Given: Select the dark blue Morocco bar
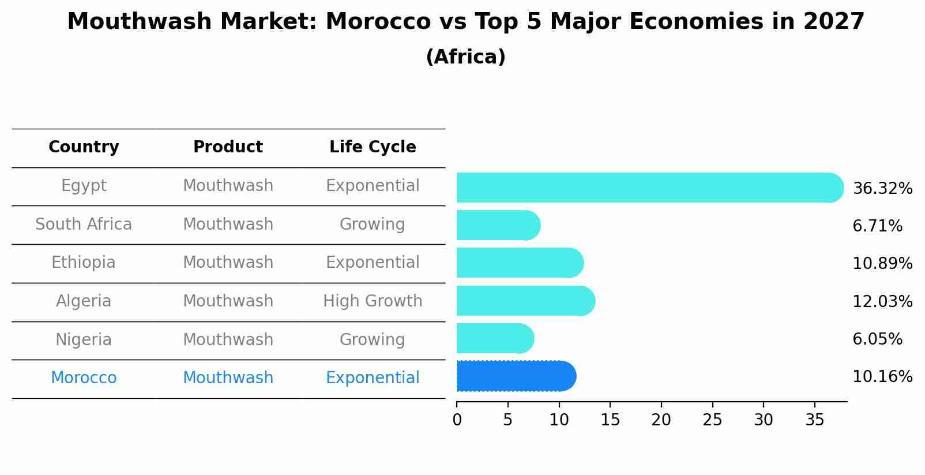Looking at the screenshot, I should coord(515,376).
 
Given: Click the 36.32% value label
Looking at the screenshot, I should coord(882,189).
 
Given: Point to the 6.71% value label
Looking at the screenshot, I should coord(877,226).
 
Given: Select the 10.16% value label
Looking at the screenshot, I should coord(882,377).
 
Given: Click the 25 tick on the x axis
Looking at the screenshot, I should coord(712,420).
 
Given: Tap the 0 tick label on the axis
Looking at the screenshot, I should coord(457,420).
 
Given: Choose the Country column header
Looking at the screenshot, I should coord(84,147).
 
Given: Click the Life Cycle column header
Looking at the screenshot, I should coord(373,147).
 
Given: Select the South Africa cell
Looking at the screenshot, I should coord(84,225).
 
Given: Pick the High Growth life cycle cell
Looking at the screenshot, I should coord(373,301).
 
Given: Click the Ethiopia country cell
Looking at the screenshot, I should coord(84,263).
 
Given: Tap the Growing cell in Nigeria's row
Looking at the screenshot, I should coord(372,340).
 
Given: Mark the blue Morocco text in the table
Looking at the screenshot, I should coord(84,378).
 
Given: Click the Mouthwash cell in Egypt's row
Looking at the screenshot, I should coord(228,186).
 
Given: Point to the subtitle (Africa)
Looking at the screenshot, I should coord(465,57).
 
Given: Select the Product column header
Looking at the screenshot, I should coord(228,147).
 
